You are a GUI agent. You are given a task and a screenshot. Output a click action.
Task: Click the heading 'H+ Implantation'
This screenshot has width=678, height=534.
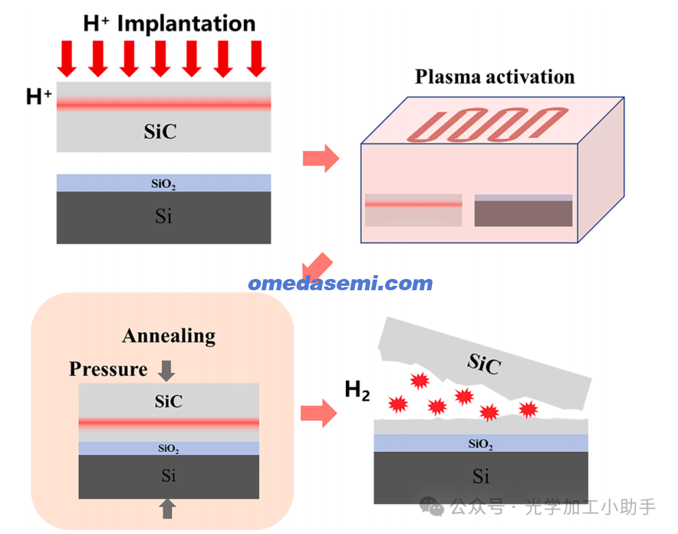click(169, 24)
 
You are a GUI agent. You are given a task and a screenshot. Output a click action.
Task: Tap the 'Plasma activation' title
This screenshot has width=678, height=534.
click(495, 77)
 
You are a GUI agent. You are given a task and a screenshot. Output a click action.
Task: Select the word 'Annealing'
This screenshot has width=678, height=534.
click(168, 335)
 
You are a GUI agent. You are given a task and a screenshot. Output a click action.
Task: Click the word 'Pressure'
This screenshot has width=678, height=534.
click(108, 369)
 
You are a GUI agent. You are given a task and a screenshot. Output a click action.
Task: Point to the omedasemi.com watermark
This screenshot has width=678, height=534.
click(340, 283)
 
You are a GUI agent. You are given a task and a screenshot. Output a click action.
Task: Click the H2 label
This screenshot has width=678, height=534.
click(357, 391)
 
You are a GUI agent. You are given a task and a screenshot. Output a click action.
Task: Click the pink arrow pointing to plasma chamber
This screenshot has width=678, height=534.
click(320, 158)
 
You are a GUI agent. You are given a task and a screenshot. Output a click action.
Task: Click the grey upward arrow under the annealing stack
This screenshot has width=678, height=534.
click(166, 508)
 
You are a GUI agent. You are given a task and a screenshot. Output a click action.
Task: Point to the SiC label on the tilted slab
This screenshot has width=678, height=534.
click(483, 363)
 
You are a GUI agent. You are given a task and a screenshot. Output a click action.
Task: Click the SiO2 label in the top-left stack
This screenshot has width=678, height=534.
click(163, 184)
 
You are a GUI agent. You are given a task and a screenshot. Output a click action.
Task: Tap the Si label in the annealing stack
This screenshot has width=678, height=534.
click(168, 476)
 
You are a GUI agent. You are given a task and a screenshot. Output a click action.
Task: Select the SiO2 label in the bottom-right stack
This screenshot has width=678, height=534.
click(480, 444)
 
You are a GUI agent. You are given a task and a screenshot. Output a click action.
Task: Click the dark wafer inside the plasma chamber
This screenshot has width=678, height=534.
click(523, 213)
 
